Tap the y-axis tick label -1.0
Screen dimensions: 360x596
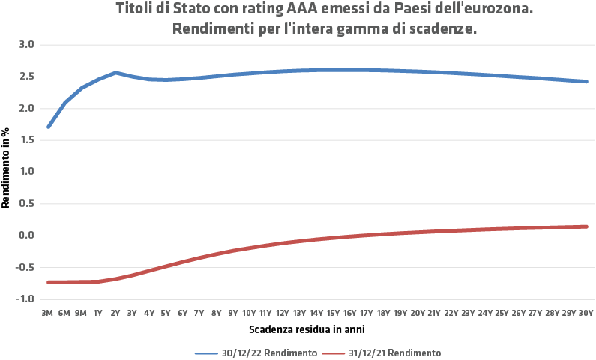(x=25, y=298)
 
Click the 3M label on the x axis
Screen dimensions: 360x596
(x=49, y=313)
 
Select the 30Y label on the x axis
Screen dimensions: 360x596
(x=586, y=313)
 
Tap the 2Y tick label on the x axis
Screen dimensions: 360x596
(x=115, y=313)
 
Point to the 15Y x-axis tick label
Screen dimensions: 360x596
(x=333, y=313)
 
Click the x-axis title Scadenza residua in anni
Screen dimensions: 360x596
(x=307, y=329)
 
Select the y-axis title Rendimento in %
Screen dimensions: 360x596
(x=6, y=171)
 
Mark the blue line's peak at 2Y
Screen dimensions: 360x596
(x=115, y=73)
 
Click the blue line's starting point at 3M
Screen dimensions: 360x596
(x=49, y=127)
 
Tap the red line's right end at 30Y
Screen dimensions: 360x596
(x=586, y=226)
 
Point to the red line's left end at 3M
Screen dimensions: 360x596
(x=49, y=282)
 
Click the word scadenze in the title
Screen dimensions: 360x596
(x=445, y=29)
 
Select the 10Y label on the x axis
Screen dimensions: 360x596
(x=249, y=313)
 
